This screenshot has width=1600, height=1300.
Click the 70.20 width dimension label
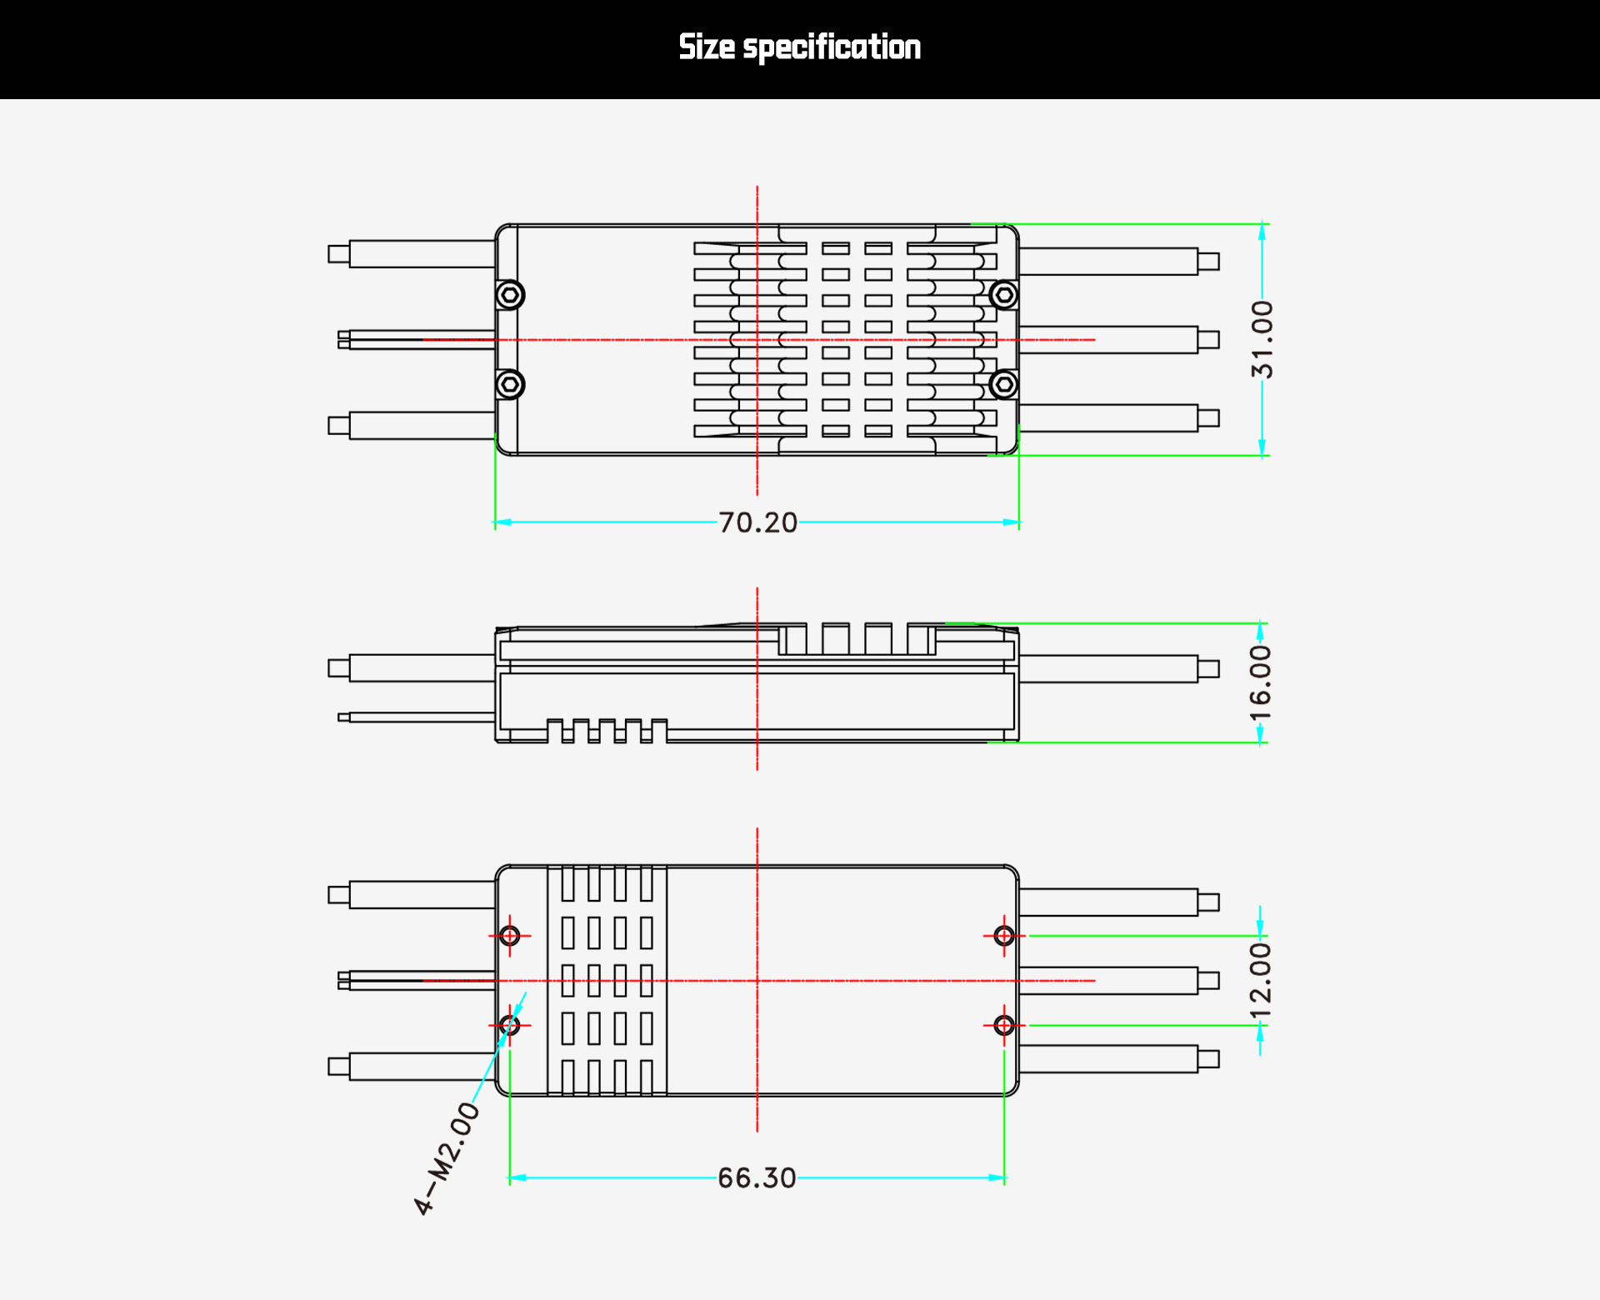click(757, 522)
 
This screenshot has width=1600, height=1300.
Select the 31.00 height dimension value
click(1262, 339)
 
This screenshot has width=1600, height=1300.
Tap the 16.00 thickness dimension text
click(1260, 683)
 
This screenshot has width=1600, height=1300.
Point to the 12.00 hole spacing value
click(1260, 980)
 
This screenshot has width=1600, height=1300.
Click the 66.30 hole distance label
click(757, 1177)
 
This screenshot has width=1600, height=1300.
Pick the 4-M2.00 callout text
click(447, 1157)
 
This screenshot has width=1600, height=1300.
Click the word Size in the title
click(707, 47)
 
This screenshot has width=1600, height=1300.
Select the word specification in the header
click(832, 47)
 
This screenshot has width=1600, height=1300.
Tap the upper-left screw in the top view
click(510, 295)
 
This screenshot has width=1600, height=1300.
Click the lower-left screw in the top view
click(510, 384)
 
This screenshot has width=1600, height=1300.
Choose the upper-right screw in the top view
click(1003, 295)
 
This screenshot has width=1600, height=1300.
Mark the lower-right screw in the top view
click(1003, 384)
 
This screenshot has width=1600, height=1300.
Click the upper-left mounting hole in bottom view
click(510, 936)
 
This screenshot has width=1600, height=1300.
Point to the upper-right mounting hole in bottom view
click(1004, 936)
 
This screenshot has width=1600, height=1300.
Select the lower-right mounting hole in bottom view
click(1004, 1025)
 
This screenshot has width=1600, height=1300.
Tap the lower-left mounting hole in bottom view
click(510, 1025)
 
